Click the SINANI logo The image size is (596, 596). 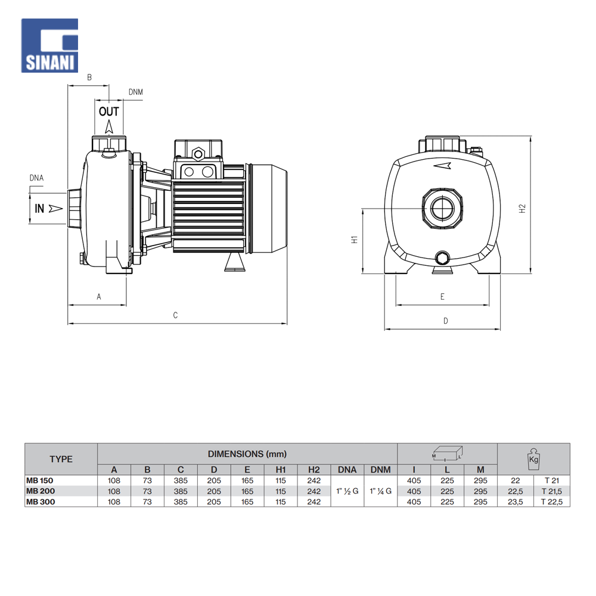[49, 45]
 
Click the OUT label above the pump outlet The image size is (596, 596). [109, 111]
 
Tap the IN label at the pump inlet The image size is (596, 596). [39, 208]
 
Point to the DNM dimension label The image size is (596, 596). [136, 92]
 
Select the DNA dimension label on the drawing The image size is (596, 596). [36, 178]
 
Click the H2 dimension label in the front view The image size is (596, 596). [522, 208]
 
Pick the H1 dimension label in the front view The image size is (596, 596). [354, 240]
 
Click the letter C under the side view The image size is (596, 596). [175, 315]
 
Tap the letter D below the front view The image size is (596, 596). [446, 321]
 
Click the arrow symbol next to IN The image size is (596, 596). [56, 208]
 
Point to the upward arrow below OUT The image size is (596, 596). [109, 126]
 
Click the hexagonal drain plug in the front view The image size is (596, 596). [442, 258]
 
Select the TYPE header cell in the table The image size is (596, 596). [61, 459]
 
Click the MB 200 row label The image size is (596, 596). [41, 491]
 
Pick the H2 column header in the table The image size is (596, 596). [314, 470]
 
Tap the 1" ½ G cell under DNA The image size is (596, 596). [347, 491]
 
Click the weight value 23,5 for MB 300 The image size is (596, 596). [516, 502]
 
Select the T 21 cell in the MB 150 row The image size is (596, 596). [552, 480]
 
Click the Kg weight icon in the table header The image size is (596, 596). [533, 459]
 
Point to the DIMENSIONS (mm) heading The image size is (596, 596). [247, 454]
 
